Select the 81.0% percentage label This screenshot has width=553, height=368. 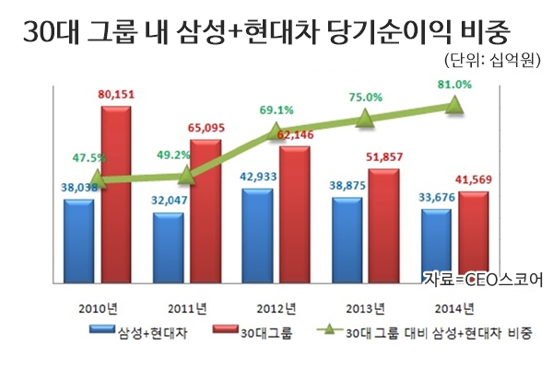coord(453,85)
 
